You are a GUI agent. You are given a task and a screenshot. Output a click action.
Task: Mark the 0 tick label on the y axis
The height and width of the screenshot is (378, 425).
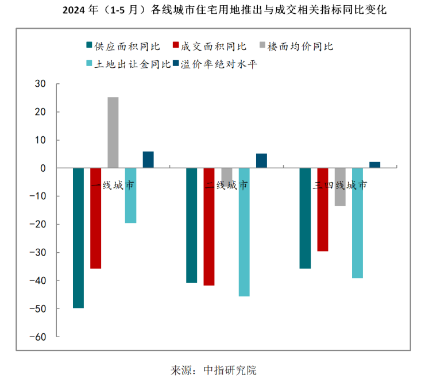pos(42,168)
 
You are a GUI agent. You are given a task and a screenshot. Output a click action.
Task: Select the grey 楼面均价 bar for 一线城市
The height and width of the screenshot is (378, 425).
pos(113,132)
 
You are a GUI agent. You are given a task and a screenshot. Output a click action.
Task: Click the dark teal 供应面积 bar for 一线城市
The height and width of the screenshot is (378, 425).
pos(78,238)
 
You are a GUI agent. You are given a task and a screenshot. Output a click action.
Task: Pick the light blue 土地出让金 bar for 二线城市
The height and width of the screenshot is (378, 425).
pos(244,232)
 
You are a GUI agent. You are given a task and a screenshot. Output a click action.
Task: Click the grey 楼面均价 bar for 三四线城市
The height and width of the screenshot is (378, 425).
pos(340,187)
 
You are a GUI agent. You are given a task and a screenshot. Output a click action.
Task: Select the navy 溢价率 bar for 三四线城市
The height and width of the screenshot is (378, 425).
pos(375,165)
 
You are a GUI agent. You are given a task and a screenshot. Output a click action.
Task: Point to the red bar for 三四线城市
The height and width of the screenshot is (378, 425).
pos(323,210)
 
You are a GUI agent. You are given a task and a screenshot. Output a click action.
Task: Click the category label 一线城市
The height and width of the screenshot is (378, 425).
pos(113,186)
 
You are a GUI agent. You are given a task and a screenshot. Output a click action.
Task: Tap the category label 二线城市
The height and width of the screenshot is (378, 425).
pos(227,186)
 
